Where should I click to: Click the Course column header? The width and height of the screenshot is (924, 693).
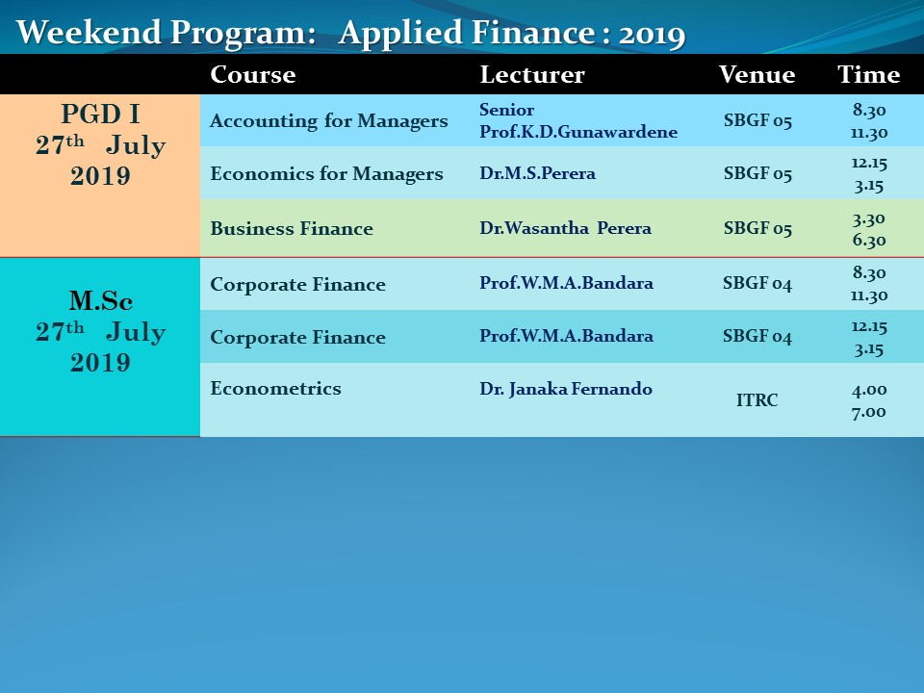coord(253,75)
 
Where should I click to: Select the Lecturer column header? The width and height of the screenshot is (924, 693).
coord(532,75)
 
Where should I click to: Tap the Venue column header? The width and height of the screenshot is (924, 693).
coord(757,75)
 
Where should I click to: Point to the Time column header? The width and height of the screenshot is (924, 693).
coord(868,75)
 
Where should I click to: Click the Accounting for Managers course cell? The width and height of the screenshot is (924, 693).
coord(329,121)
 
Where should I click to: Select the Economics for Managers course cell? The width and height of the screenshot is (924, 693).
coord(326,174)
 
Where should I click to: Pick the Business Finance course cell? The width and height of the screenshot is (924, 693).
coord(292,228)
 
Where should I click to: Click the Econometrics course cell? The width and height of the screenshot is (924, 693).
coord(276,388)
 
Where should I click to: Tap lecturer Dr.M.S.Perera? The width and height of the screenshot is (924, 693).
coord(537,173)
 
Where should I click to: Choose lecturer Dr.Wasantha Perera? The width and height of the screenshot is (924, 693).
coord(566,228)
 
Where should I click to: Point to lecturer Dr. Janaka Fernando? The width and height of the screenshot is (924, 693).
coord(566,389)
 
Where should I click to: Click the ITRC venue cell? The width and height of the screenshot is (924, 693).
coord(757,400)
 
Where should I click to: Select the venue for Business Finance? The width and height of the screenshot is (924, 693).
coord(757,228)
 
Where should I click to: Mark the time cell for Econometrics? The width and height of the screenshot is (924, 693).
coord(868,400)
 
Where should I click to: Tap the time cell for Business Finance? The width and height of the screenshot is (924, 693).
coord(868,229)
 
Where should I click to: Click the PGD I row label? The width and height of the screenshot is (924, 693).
coord(100,114)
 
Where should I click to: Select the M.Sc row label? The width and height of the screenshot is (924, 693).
coord(101,300)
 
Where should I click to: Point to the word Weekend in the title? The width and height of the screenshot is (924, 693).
coord(89,32)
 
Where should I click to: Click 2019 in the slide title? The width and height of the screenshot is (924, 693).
coord(652,35)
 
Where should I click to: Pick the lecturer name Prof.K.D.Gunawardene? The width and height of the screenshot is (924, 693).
coord(578,132)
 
